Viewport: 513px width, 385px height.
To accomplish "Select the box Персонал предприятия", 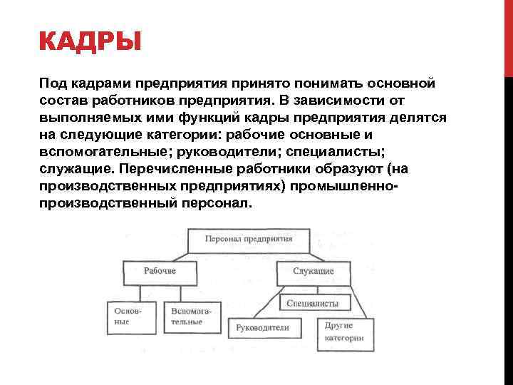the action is pos(248,240).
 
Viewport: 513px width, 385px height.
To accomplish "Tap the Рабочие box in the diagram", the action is pos(160,272).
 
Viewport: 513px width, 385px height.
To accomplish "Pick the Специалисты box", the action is pos(313,303).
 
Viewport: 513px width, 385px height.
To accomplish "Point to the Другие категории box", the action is pos(344,330).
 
